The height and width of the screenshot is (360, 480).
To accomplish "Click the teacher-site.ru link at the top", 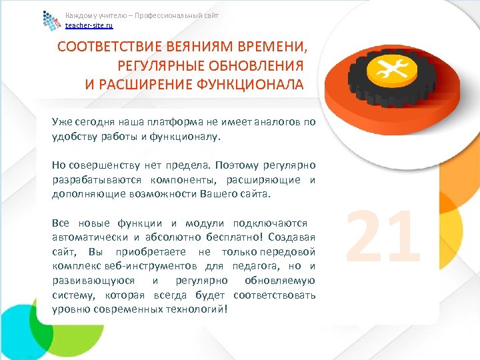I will (x=89, y=25).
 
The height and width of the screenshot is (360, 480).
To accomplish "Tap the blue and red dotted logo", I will (x=51, y=21).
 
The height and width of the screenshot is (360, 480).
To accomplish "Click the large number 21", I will (x=384, y=236).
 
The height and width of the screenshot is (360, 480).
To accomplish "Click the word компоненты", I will (x=173, y=179).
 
